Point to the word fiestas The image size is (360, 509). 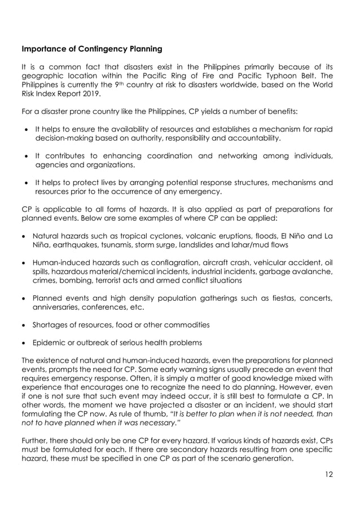pyautogui.click(x=265, y=298)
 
